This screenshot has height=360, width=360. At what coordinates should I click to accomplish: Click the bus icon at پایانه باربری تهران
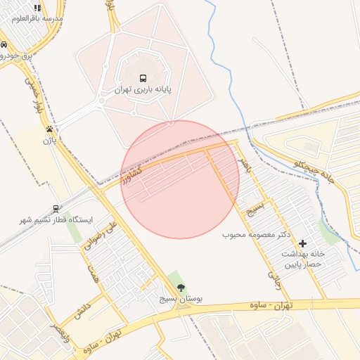[143, 78]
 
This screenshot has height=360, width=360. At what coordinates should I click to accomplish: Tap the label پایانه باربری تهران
[143, 91]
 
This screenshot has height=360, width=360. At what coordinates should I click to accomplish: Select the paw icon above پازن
[49, 129]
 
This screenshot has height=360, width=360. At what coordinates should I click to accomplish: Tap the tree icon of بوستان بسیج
[181, 287]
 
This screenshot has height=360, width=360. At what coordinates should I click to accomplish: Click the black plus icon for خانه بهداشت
[302, 243]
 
